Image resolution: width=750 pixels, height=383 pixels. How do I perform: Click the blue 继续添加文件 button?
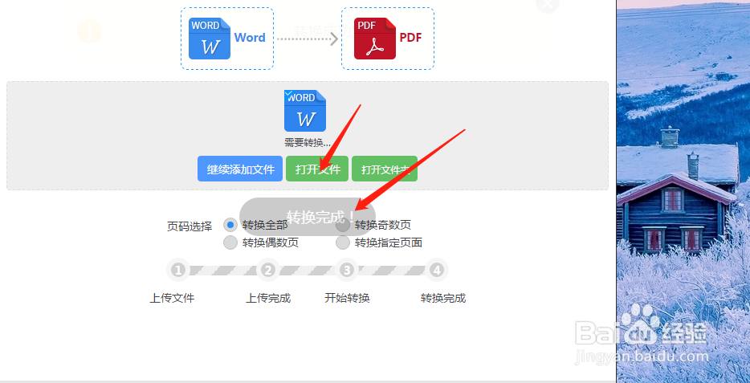[240, 169]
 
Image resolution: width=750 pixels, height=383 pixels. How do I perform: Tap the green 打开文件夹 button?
[385, 169]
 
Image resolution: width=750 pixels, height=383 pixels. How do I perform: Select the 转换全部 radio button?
[230, 225]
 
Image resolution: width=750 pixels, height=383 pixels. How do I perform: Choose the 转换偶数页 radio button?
[230, 242]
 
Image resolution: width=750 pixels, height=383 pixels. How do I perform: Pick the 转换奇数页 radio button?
[343, 225]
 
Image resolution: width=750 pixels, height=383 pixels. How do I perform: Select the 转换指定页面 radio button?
[343, 242]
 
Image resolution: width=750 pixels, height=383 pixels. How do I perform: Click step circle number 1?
[178, 270]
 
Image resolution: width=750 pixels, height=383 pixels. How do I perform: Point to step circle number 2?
[268, 270]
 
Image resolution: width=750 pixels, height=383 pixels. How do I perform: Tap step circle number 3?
[347, 270]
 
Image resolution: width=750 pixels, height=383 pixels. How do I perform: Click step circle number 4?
[437, 270]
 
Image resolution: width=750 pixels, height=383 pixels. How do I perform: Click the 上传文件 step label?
[172, 298]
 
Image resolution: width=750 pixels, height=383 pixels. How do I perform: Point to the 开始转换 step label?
[347, 298]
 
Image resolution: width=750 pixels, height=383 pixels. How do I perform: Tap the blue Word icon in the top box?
[210, 39]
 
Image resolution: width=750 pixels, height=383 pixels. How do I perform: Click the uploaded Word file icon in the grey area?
[305, 111]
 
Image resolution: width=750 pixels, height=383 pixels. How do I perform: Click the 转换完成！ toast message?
[320, 217]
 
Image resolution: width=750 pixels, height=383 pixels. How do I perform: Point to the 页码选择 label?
[190, 226]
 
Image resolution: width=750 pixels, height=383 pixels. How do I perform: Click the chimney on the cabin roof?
[693, 165]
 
